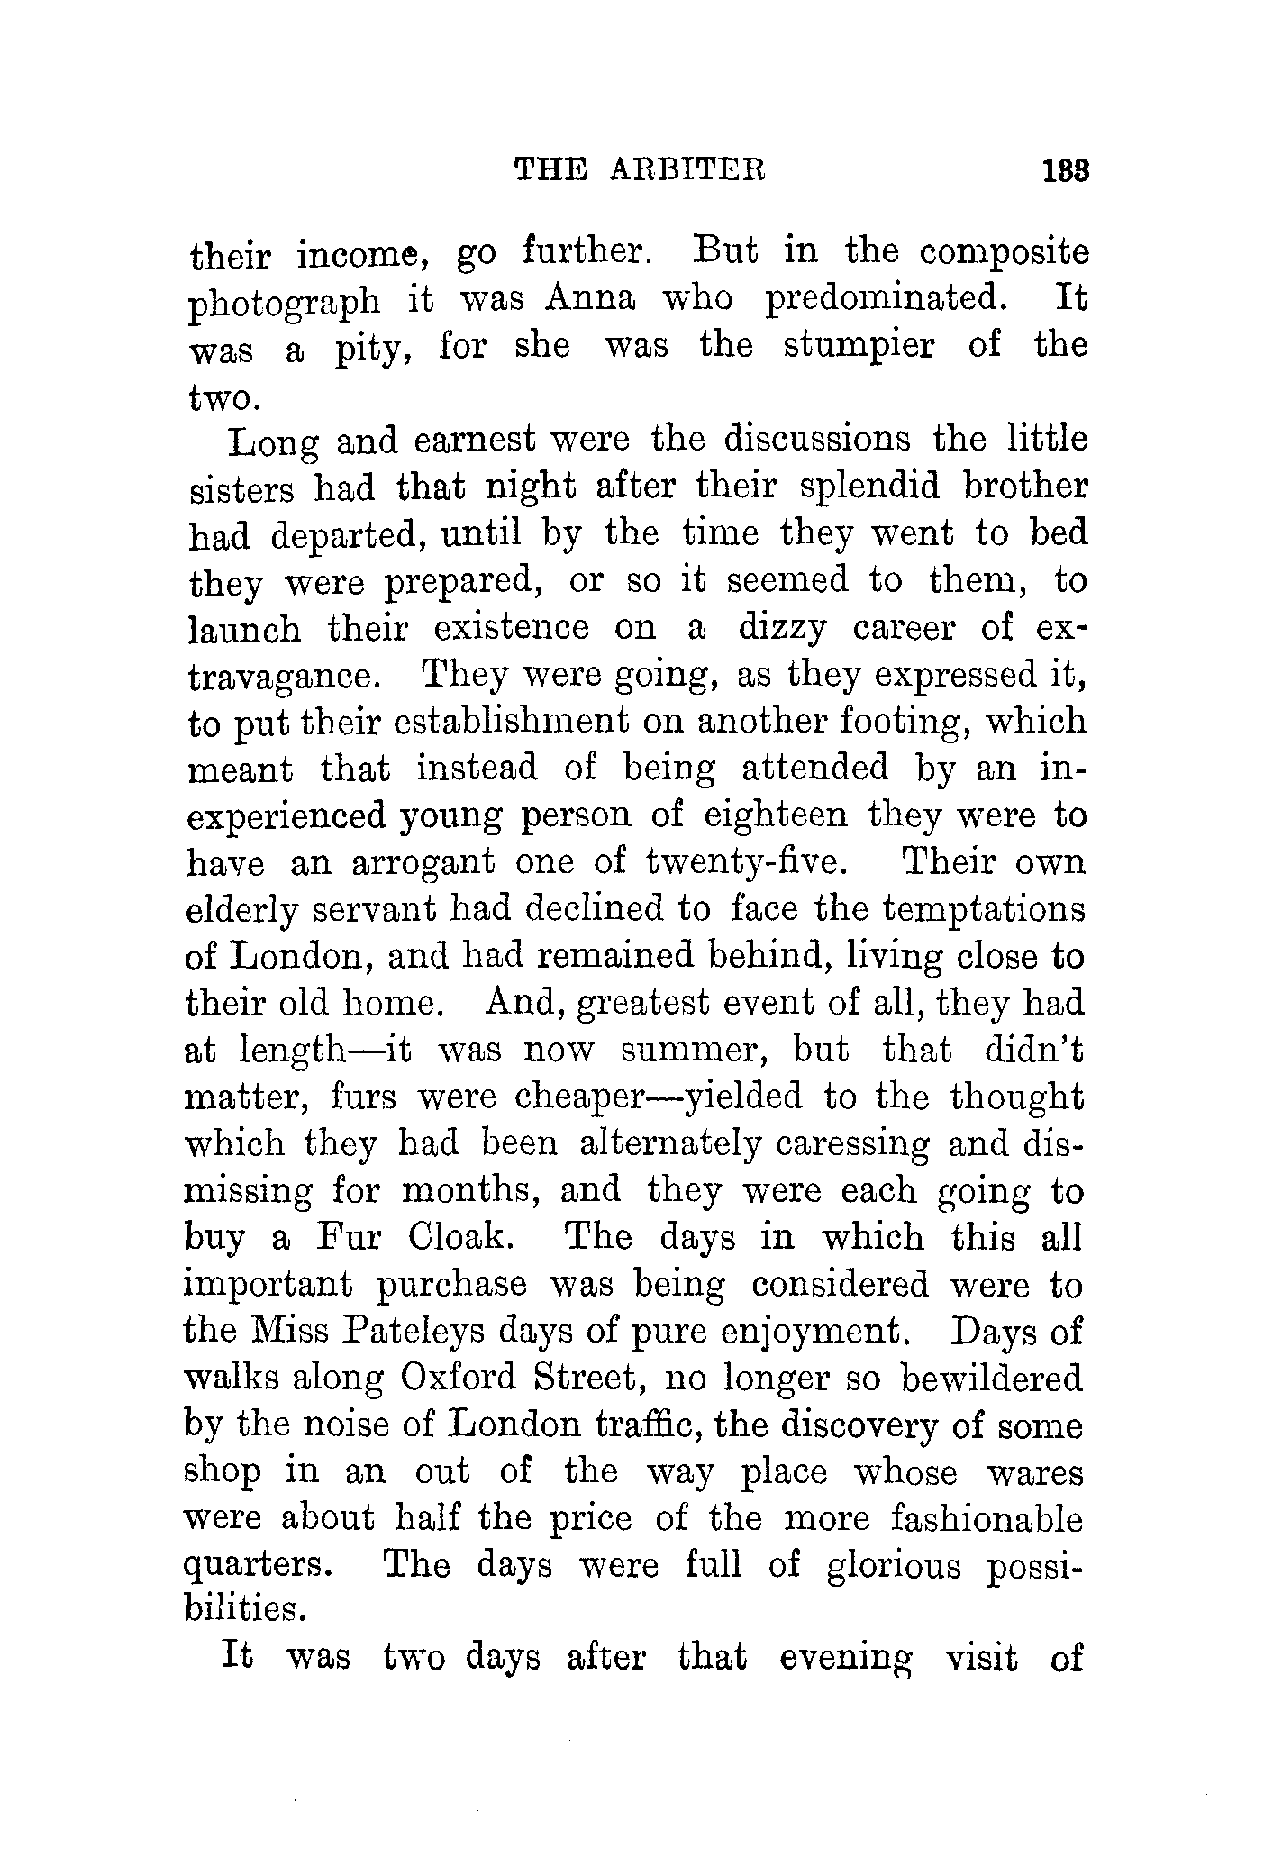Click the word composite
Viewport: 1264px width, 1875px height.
coord(1004,253)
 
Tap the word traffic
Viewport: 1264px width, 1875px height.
coord(650,1425)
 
